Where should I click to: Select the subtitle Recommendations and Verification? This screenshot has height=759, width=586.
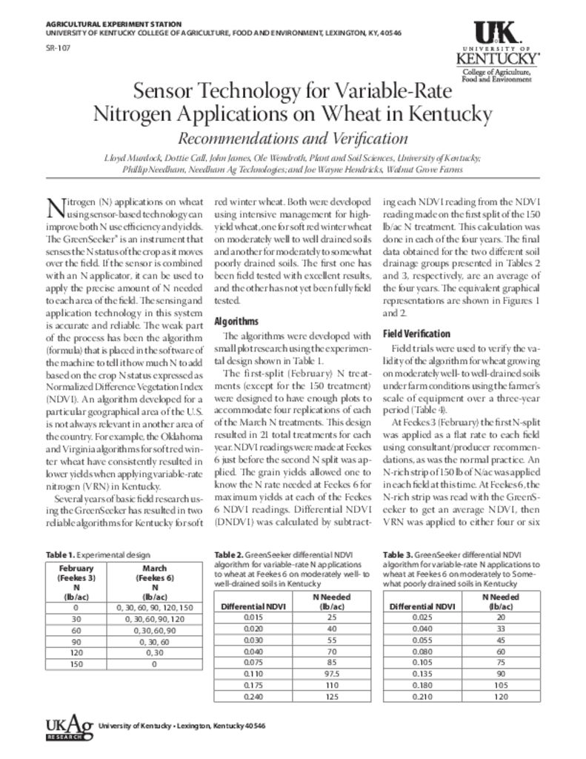292,139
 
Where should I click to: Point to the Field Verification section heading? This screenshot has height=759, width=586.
416,334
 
